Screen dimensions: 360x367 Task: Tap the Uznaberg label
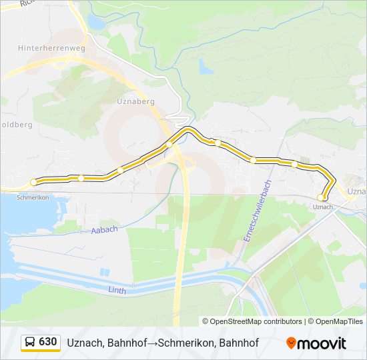coord(135,101)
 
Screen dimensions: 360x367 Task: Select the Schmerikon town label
coord(33,198)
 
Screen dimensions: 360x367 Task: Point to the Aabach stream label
coord(105,229)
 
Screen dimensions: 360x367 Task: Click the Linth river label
coord(117,290)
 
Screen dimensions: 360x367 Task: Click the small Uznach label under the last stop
coord(322,207)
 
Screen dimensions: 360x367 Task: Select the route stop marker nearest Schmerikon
coord(33,182)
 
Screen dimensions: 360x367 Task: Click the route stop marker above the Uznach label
coord(321,197)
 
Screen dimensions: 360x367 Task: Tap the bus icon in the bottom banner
coord(30,343)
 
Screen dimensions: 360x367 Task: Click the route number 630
coord(48,342)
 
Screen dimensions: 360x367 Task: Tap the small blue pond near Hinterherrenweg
coord(96,23)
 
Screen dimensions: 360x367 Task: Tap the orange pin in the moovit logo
coord(291,343)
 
